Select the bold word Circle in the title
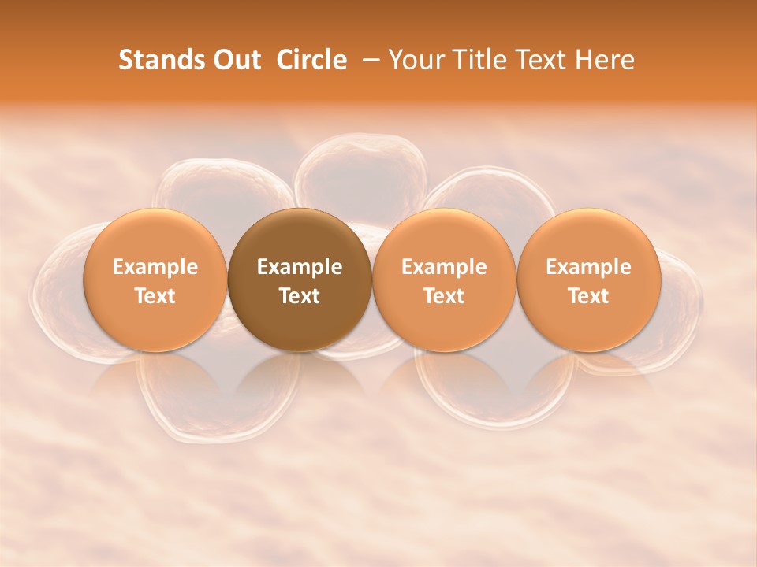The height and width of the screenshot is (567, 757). [311, 60]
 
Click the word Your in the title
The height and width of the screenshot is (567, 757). [416, 60]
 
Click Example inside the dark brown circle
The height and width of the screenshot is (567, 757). [300, 267]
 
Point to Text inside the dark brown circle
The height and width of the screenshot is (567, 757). [300, 296]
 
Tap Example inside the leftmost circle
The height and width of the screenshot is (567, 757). [155, 267]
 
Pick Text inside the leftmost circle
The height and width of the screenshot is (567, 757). [155, 296]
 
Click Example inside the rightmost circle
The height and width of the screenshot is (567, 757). [588, 267]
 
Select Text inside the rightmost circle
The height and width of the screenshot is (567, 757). [588, 296]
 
